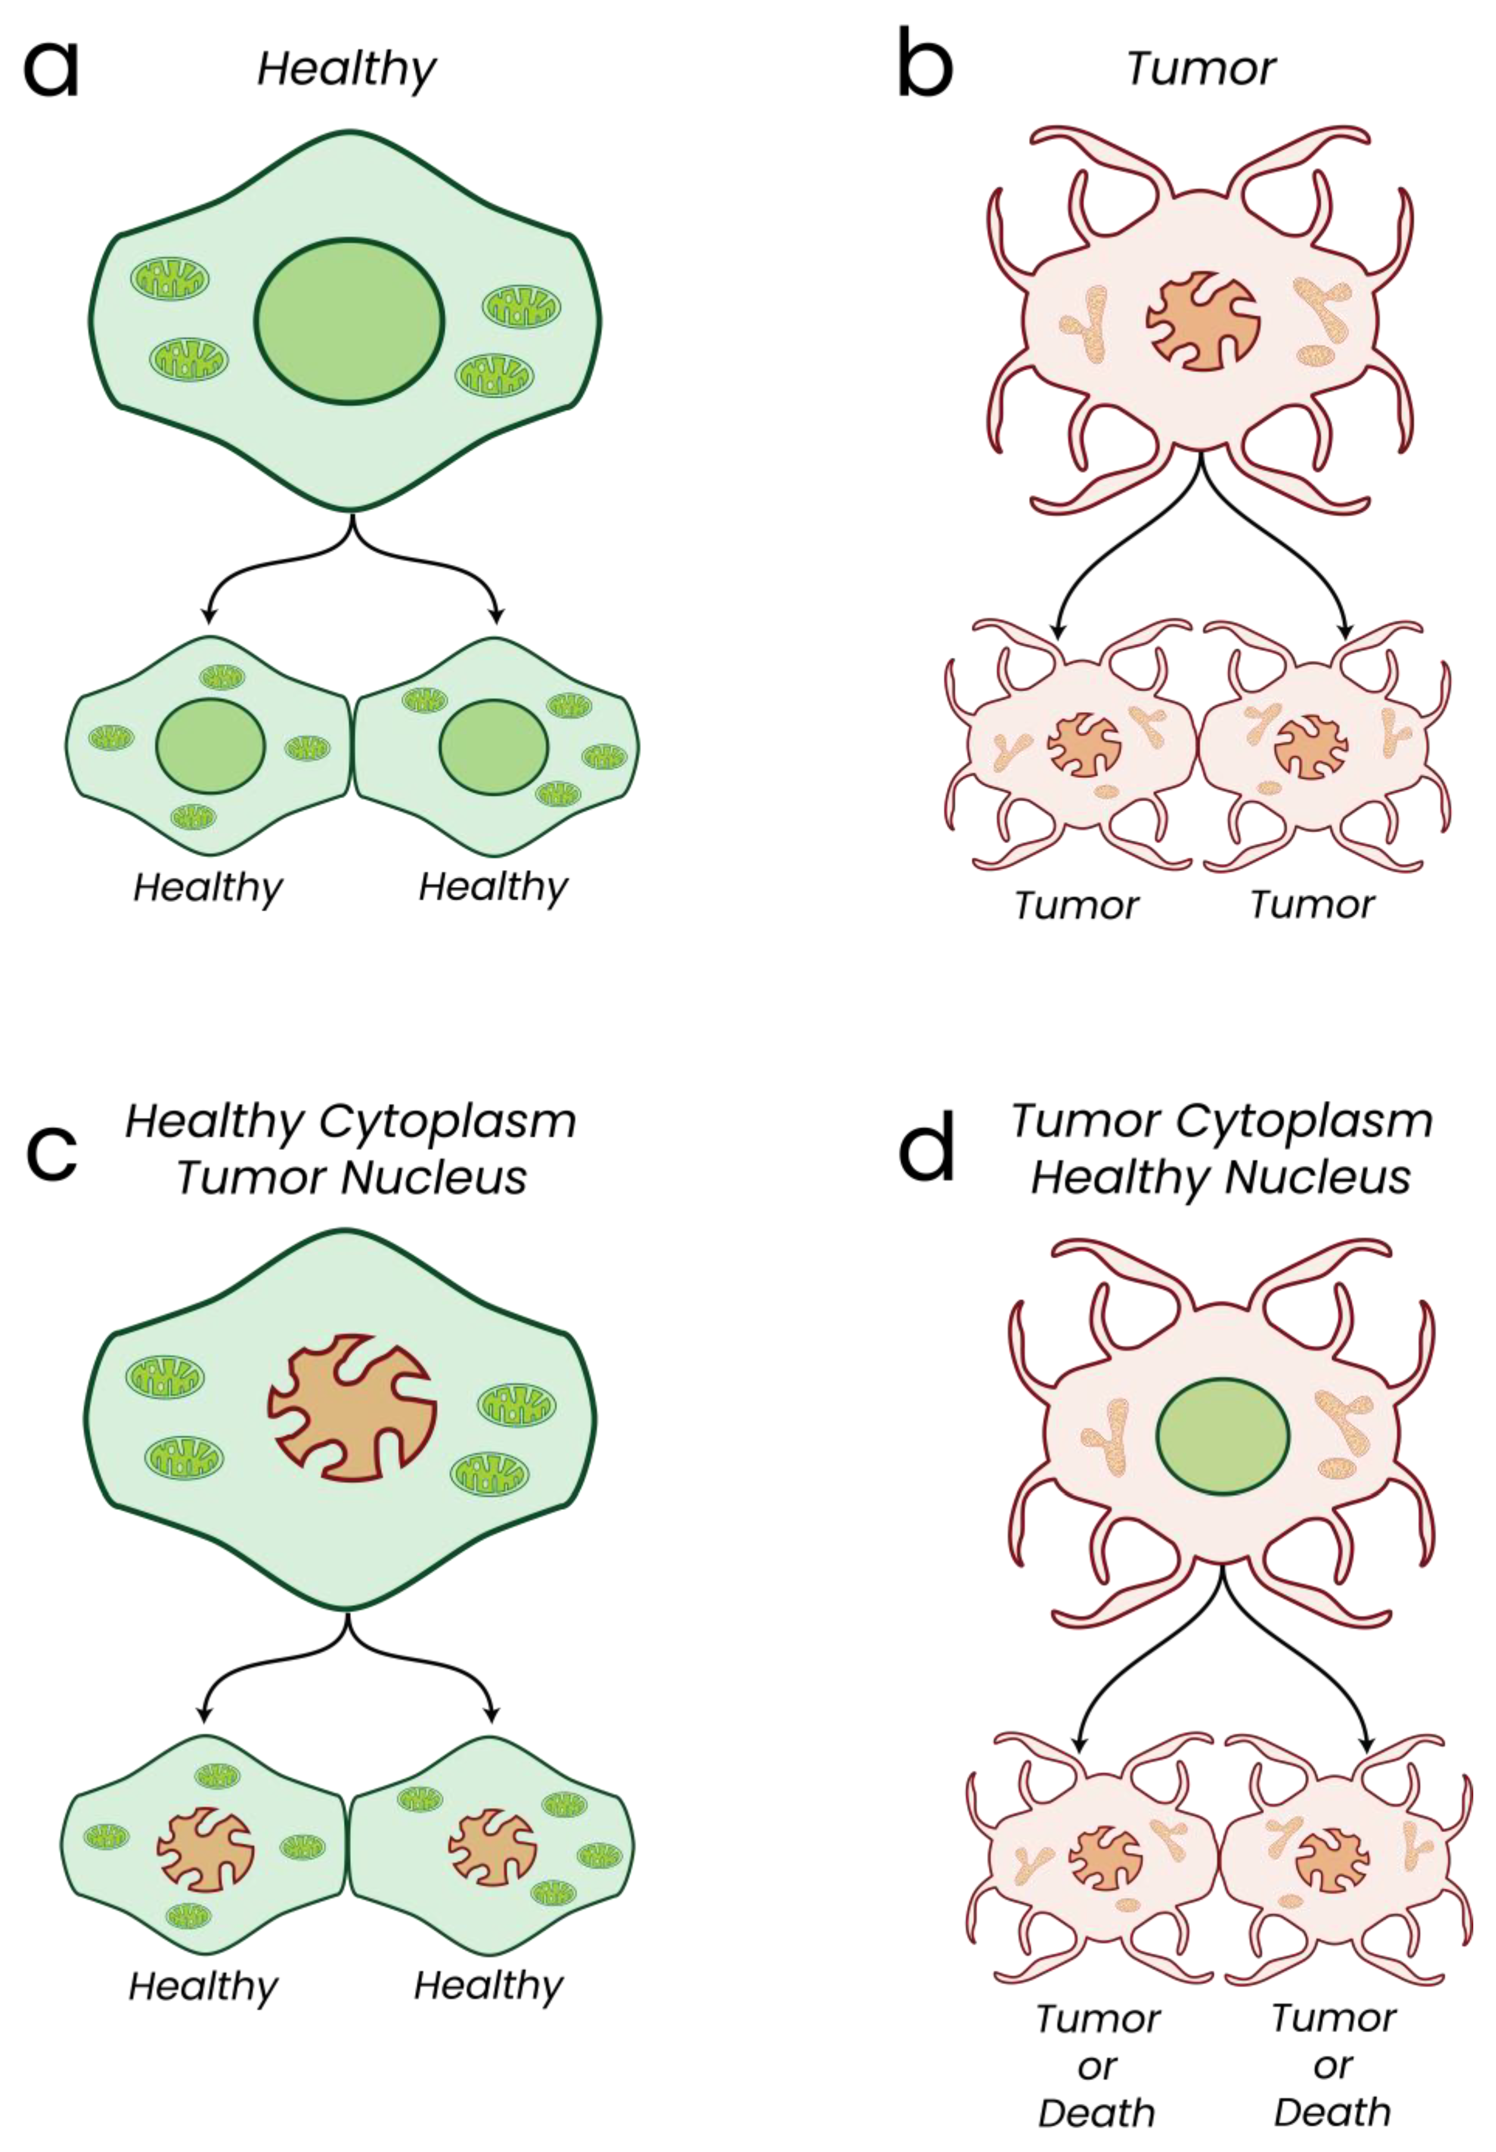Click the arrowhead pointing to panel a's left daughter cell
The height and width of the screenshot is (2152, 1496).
[208, 616]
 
